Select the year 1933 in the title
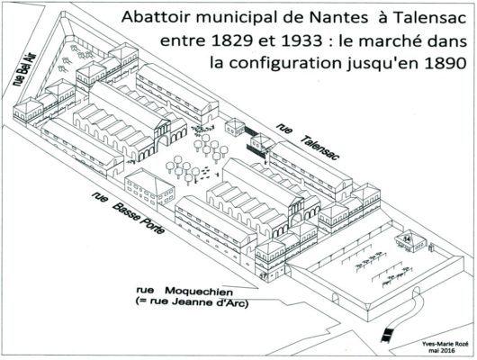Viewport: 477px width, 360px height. pyautogui.click(x=301, y=40)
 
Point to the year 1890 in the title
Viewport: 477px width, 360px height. pyautogui.click(x=445, y=63)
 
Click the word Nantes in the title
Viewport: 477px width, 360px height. pyautogui.click(x=338, y=18)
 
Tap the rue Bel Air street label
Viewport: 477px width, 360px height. pyautogui.click(x=25, y=69)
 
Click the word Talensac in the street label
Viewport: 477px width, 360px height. pyautogui.click(x=319, y=148)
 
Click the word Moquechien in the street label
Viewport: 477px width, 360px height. pyautogui.click(x=199, y=292)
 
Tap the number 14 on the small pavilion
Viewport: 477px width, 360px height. pyautogui.click(x=408, y=238)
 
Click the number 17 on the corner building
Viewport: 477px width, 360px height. pyautogui.click(x=263, y=276)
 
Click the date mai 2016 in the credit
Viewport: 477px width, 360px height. pyautogui.click(x=441, y=351)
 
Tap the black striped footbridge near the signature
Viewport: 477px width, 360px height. pyautogui.click(x=387, y=335)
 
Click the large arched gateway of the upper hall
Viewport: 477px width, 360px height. pyautogui.click(x=162, y=143)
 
